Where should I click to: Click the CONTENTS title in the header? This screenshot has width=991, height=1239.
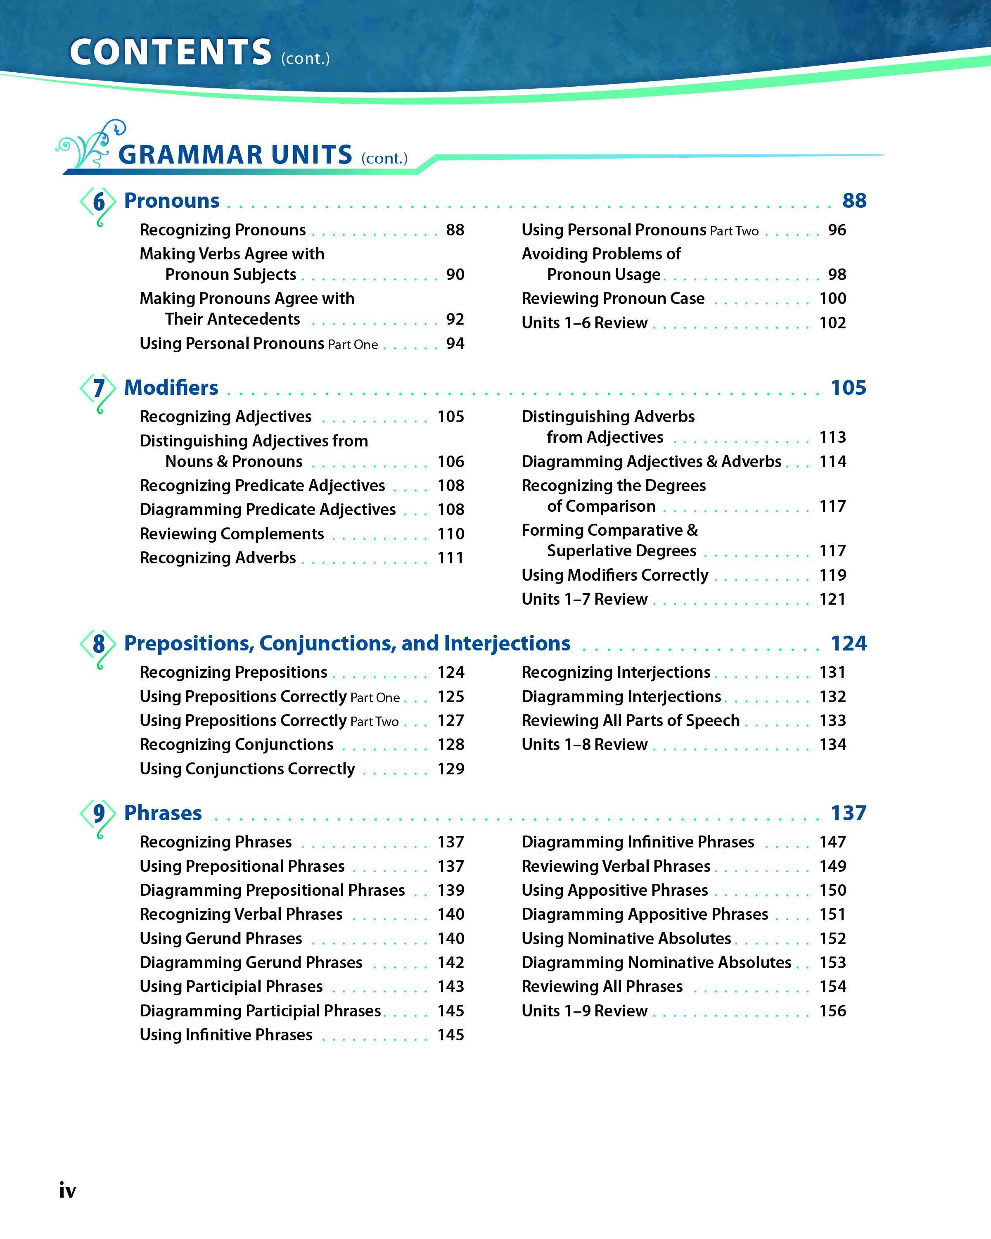coord(171,52)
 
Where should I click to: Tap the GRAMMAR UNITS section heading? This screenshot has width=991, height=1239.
coord(235,154)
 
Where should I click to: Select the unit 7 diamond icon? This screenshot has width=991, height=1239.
coord(99,389)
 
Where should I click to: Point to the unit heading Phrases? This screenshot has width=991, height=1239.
coord(163,813)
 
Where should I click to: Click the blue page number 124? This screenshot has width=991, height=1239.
coord(848,643)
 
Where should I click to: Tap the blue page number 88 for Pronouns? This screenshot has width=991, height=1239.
coord(854,201)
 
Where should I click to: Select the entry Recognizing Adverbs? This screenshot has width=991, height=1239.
coord(218,558)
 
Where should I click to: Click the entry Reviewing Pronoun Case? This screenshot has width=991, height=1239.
coord(613,299)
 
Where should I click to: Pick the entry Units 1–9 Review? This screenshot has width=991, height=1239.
coord(584,1011)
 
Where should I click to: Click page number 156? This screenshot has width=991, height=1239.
coord(832,1011)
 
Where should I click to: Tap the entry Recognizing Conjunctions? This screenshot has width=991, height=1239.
coord(236,745)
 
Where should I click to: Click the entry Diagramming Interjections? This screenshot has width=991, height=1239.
coord(621,696)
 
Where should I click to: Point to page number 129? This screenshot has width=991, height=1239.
coord(450,769)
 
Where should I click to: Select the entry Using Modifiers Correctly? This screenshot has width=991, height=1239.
coord(615,575)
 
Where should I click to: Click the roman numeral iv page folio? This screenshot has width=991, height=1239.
coord(68,1190)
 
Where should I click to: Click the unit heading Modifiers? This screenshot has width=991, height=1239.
coord(171,388)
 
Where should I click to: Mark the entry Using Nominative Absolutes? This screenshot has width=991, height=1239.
coord(626,938)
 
